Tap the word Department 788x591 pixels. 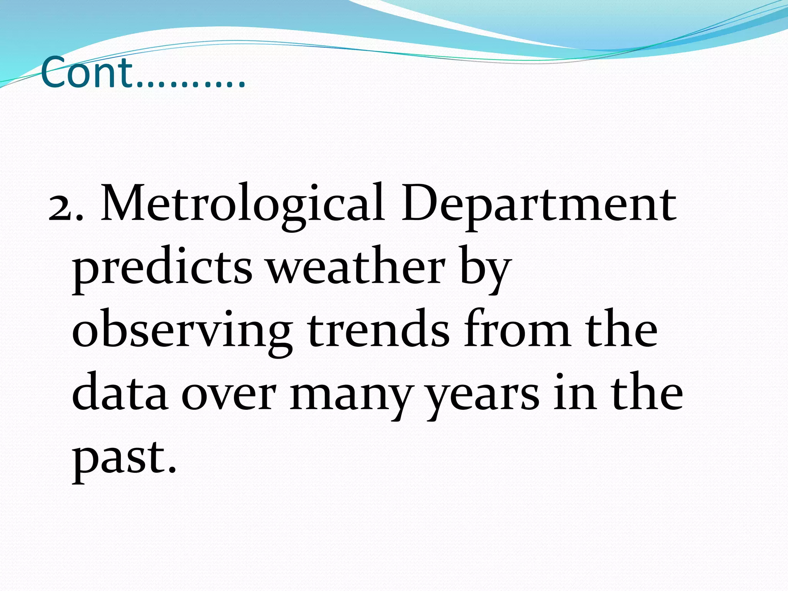(x=539, y=206)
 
